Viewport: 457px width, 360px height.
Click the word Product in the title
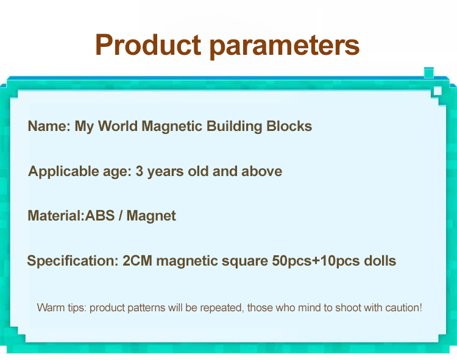148,45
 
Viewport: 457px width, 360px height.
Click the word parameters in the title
285,46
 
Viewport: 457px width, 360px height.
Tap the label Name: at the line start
49,126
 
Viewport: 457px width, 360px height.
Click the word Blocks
289,126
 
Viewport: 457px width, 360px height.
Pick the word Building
235,127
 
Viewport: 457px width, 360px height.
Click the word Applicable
63,172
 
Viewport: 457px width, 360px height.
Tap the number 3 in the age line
140,171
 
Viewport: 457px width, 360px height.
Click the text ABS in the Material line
100,216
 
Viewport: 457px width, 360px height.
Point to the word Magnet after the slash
151,216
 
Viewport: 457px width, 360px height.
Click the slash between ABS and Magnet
121,216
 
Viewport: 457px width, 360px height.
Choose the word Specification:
73,261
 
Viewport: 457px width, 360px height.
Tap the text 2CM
137,261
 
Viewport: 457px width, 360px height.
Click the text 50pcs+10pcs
316,261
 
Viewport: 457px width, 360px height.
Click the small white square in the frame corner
438,91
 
